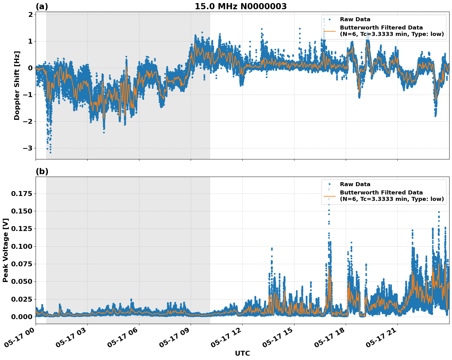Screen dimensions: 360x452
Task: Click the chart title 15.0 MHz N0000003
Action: coord(240,6)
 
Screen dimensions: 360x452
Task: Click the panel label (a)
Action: coord(42,6)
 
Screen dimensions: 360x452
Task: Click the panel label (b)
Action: coord(42,171)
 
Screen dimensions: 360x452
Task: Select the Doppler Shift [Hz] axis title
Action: coord(17,85)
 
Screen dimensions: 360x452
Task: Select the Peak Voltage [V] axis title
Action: coord(6,250)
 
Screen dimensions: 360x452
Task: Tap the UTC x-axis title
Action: coord(242,353)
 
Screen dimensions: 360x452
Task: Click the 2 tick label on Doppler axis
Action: coord(30,15)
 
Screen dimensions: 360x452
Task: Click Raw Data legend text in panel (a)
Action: coord(355,20)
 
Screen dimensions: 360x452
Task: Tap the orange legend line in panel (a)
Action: coord(329,31)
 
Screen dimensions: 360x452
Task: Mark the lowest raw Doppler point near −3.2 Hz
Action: coord(50,152)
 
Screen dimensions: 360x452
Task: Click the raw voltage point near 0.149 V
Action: coord(439,212)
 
